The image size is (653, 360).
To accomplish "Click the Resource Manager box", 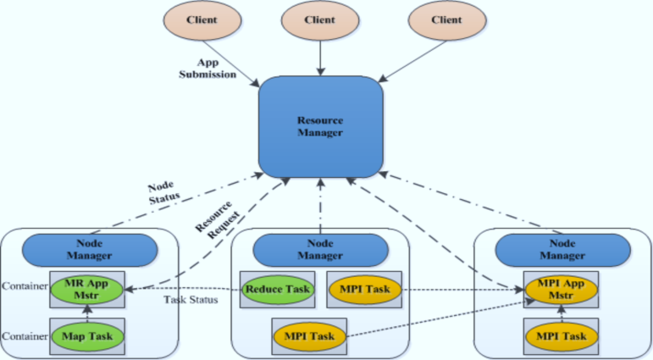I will coord(320,126).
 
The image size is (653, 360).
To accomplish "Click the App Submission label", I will coord(215,68).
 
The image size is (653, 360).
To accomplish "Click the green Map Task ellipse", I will coord(89,335).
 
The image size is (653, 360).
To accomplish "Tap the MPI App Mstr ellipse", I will coord(562,288).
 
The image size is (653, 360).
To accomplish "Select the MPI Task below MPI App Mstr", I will coord(562,335).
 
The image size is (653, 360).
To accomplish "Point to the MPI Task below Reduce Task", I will coord(309,335).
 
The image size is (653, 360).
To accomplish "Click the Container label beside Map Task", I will coord(23,336).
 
